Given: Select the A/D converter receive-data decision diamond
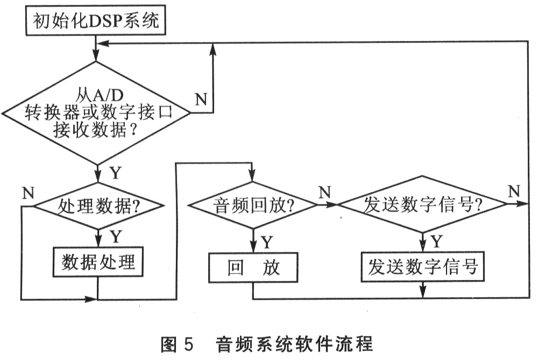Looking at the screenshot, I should tap(97, 113).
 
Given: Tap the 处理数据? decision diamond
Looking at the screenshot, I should tap(97, 206).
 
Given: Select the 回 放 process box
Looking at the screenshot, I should tap(253, 267).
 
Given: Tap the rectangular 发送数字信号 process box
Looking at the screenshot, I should tap(423, 267).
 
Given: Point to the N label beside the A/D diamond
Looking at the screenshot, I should tap(200, 100).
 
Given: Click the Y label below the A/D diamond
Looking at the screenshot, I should tap(115, 173).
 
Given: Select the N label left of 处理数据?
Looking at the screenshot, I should tap(28, 193).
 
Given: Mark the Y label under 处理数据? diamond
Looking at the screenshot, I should tap(115, 236).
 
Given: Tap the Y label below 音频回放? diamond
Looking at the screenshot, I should tap(267, 242).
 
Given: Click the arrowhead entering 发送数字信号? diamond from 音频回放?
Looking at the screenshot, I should tap(334, 204).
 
